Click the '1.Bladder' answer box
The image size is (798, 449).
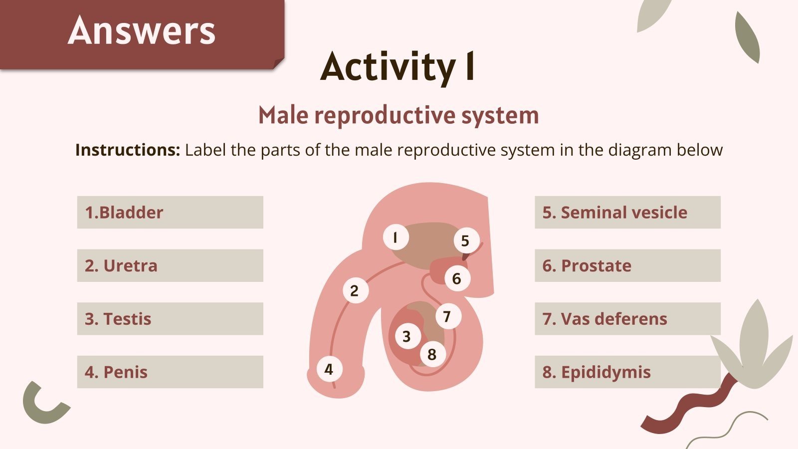(170, 213)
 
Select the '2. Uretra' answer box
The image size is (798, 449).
(170, 265)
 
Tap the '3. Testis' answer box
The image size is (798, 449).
(170, 319)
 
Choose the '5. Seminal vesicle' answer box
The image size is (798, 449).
(627, 213)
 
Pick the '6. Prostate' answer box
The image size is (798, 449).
(627, 265)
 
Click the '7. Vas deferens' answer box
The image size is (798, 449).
(627, 319)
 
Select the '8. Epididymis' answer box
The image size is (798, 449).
(627, 372)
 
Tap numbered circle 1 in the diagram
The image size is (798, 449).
(396, 237)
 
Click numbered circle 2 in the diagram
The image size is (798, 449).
(355, 290)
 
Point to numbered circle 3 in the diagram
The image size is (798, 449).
(407, 336)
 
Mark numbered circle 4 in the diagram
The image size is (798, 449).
(329, 369)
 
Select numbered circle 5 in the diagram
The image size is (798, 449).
(466, 241)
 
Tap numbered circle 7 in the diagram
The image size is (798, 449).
(447, 316)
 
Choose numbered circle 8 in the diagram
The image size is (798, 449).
(432, 354)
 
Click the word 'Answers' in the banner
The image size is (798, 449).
(142, 31)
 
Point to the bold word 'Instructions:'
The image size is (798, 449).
(128, 150)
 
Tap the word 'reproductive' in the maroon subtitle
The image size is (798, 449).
(385, 115)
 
